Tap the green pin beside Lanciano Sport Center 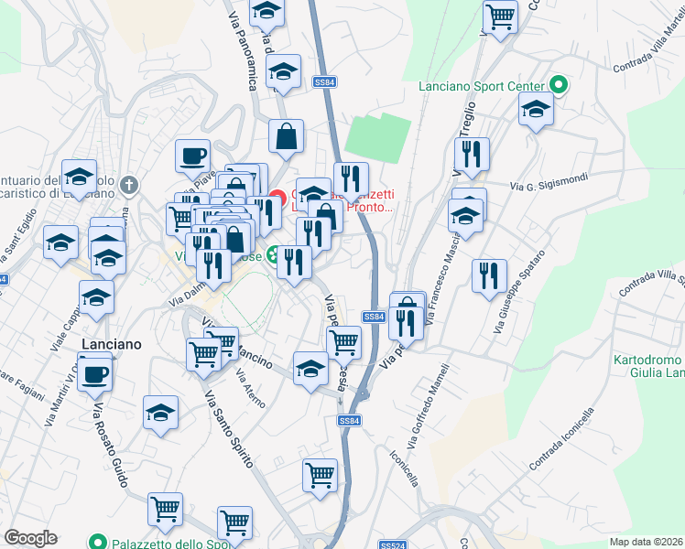click(x=559, y=86)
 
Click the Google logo click(x=30, y=538)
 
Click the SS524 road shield click(x=392, y=544)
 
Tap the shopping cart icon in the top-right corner click(x=501, y=16)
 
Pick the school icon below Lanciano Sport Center click(x=536, y=112)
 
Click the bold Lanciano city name click(x=111, y=343)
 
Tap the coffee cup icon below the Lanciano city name click(x=94, y=373)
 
